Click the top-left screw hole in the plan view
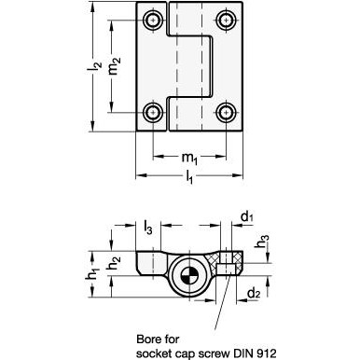(x=153, y=21)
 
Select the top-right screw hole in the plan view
(x=226, y=21)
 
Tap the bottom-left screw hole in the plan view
(x=153, y=112)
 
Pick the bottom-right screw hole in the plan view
(x=226, y=112)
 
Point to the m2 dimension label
(x=115, y=66)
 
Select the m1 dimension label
(x=189, y=159)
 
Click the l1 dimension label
(x=189, y=178)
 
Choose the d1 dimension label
(x=247, y=217)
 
